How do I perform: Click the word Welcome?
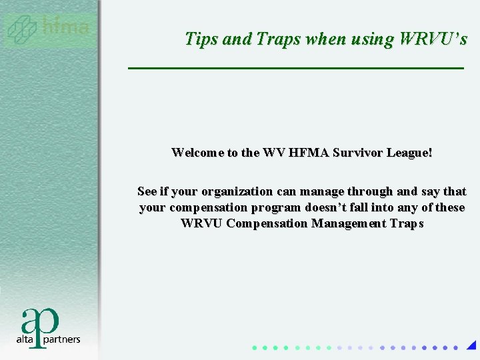click(x=197, y=153)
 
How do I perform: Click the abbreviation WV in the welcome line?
click(x=274, y=153)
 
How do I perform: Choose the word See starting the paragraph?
click(x=147, y=192)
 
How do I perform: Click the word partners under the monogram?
click(x=63, y=339)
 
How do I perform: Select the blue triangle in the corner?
click(x=471, y=345)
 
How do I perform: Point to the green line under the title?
click(x=295, y=69)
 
